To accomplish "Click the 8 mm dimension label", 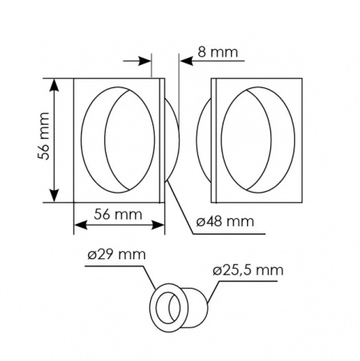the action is (217, 52).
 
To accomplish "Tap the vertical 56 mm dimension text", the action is (43, 136).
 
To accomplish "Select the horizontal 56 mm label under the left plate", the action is (118, 214).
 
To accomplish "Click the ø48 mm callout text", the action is (225, 221).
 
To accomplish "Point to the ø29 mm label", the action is (117, 254).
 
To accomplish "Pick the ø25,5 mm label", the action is (248, 270).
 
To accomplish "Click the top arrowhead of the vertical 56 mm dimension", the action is (55, 85).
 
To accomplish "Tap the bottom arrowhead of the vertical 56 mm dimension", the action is (55, 196).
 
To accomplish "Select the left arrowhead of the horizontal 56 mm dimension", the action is (80, 225).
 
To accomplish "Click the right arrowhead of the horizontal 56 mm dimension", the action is (158, 225).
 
